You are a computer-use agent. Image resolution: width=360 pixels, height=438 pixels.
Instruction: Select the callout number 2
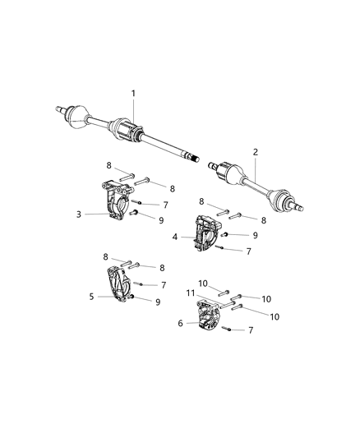coord(255,152)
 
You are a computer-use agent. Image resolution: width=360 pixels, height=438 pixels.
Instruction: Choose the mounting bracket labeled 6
coord(210,317)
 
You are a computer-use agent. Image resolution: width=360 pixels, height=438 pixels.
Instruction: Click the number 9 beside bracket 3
coord(161,219)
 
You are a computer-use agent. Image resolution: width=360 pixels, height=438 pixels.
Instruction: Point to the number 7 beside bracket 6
coord(250,329)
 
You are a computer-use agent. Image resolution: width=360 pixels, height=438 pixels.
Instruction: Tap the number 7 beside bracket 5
coord(163,284)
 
